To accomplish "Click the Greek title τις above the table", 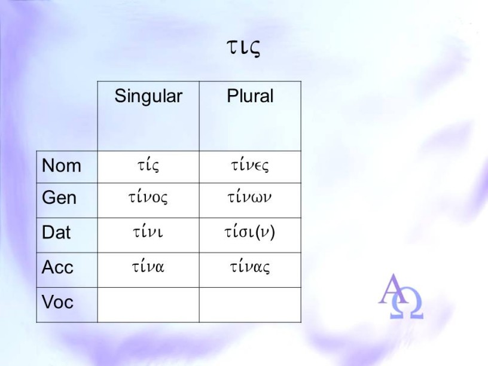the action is (243, 48).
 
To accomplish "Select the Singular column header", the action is (148, 97).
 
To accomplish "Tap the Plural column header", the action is (250, 96).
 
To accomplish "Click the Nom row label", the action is (62, 165).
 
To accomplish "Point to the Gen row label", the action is (59, 197).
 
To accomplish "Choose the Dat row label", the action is (56, 232).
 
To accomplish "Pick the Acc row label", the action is (57, 267).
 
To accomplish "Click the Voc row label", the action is (57, 302).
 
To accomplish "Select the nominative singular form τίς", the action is (148, 165).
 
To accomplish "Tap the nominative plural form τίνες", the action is (250, 165).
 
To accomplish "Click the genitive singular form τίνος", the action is (148, 197).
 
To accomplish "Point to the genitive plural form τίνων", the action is (249, 197).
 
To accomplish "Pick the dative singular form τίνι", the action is (148, 231).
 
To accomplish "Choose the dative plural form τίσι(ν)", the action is (250, 232).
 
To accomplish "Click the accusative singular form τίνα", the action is (148, 266).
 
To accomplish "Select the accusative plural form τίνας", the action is (250, 267).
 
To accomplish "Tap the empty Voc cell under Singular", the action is (148, 305).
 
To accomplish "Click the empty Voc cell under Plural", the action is (250, 305).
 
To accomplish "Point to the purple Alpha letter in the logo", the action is (394, 289).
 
